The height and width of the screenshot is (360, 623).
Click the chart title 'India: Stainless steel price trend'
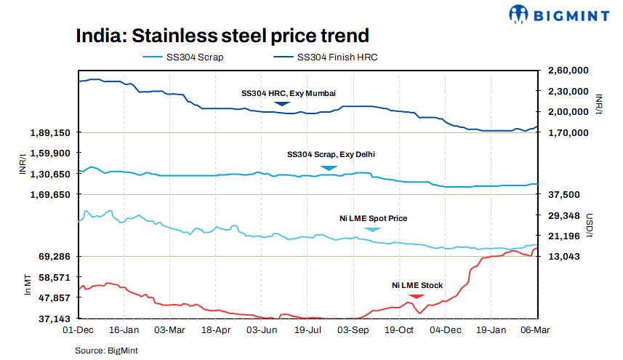coord(222,36)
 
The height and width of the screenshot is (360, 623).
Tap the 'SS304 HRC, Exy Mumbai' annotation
coord(283,93)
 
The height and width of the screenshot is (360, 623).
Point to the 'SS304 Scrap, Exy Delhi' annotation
coord(331,154)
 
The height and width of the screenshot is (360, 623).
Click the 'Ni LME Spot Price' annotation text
coord(374,218)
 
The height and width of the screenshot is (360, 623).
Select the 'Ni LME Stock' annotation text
coord(417,285)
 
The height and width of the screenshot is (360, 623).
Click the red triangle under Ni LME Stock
coord(416,296)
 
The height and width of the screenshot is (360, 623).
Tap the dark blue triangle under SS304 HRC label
coord(282,105)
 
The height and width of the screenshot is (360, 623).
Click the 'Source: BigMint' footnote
coord(106,351)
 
